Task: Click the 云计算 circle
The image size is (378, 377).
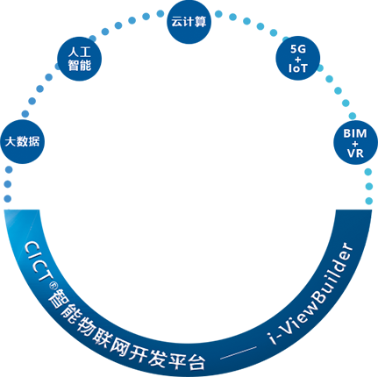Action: tap(189, 22)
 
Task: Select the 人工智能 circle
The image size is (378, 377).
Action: tap(79, 59)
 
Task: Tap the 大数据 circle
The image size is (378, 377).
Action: tap(22, 142)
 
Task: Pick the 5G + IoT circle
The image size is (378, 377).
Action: tap(298, 58)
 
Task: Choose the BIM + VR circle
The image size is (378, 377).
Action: tap(355, 142)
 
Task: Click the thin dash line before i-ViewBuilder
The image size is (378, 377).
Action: tap(238, 352)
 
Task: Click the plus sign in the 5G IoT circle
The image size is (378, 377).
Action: tap(298, 60)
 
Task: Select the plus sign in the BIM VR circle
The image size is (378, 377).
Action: tap(355, 144)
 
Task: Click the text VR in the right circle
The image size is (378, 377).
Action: tap(355, 153)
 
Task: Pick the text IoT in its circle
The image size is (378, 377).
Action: tap(298, 68)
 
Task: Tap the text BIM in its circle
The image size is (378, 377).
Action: tap(355, 133)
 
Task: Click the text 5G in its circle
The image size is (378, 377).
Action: tap(298, 49)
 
